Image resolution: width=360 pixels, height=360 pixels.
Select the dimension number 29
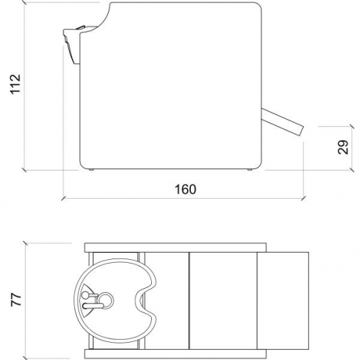[x=343, y=147]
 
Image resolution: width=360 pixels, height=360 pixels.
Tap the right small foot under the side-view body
[x=249, y=171]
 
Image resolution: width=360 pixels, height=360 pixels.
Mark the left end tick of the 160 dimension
[x=63, y=199]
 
